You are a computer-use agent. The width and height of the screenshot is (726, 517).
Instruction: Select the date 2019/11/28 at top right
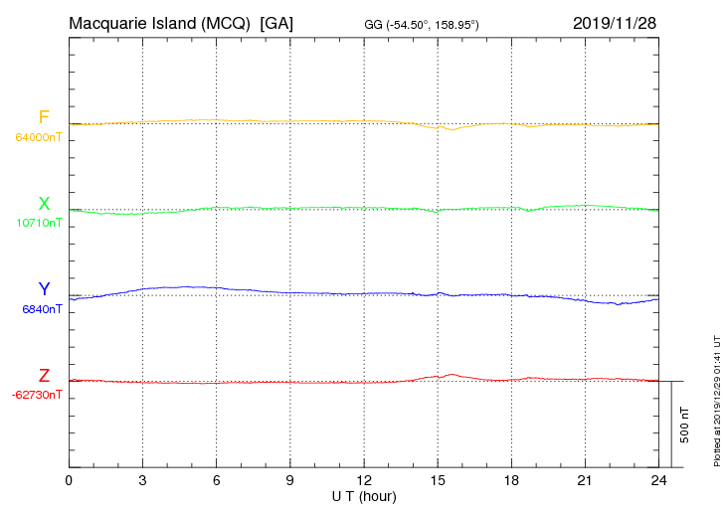[614, 22]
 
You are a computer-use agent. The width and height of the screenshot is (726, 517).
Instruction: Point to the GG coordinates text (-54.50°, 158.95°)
[423, 24]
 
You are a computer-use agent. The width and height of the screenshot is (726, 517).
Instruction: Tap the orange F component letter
[44, 117]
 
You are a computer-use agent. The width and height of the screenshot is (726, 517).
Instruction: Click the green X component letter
[44, 204]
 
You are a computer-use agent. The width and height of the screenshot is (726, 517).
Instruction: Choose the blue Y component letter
[44, 289]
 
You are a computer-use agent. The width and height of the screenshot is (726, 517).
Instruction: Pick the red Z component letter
[44, 376]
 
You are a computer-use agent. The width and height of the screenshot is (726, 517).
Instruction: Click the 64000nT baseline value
[38, 137]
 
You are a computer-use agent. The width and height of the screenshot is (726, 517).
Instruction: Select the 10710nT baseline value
[38, 223]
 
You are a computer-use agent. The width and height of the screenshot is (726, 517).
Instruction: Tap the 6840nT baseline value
[42, 309]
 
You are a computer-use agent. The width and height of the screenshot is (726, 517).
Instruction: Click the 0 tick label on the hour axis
[69, 480]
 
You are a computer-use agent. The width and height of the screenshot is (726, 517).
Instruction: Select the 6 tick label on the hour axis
[216, 480]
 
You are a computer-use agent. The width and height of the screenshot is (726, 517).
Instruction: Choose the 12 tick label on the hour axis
[364, 480]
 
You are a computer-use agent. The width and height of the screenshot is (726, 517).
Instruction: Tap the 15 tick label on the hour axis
[438, 480]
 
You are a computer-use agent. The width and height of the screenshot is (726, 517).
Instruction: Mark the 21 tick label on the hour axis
[585, 480]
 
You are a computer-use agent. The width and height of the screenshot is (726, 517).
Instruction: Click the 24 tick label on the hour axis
[658, 480]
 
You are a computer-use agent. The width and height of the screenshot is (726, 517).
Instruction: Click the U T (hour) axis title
[364, 495]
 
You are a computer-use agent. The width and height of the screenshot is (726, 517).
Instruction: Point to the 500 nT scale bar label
[684, 425]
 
